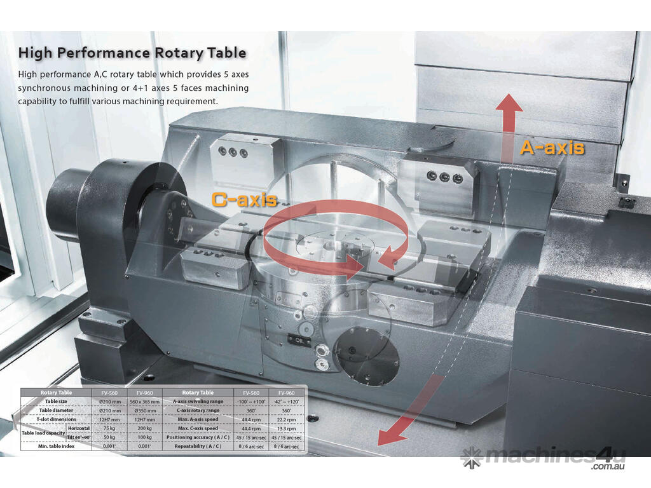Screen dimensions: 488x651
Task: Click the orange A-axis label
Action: [x=552, y=147]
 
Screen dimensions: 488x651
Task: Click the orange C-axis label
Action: [x=245, y=200]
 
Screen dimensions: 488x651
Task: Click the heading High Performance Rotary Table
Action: [x=132, y=52]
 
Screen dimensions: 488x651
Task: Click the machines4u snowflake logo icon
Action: [x=472, y=456]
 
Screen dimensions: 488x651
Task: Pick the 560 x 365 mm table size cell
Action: [x=145, y=402]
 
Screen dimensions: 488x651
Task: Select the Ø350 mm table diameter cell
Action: [x=145, y=410]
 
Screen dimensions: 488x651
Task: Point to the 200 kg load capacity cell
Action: [x=145, y=428]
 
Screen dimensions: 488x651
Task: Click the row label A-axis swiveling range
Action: [x=198, y=402]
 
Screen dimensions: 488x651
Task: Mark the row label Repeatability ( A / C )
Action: [x=198, y=447]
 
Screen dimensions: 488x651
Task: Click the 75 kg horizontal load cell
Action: [x=109, y=428]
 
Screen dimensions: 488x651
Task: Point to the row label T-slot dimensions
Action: [x=56, y=419]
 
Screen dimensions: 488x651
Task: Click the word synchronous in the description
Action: [x=48, y=88]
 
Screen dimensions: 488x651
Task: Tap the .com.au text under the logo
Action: [x=608, y=467]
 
